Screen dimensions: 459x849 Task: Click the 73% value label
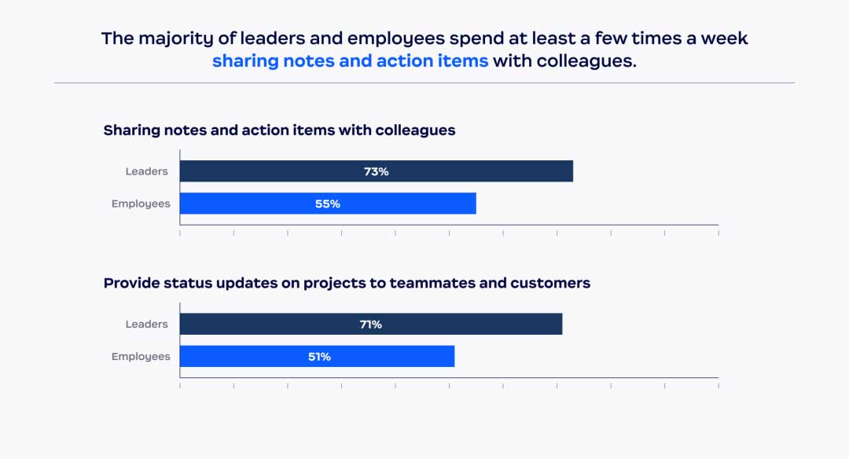pos(376,171)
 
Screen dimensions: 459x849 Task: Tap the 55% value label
pos(328,204)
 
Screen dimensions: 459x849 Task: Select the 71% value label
pos(371,324)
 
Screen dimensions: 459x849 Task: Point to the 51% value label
pos(319,356)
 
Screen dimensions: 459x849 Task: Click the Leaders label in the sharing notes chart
pos(147,171)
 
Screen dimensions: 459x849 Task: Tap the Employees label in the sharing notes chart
pos(141,204)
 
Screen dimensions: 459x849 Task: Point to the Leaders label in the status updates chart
pos(147,324)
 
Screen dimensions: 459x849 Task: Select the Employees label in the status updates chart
pos(141,356)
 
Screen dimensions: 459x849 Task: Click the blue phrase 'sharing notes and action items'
pos(350,61)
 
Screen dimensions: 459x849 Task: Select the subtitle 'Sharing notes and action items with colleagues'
pos(279,130)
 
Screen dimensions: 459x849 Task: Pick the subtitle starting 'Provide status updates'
pos(347,283)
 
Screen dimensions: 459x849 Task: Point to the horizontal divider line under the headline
pos(424,83)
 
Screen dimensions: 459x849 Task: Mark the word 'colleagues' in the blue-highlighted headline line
pos(586,61)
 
